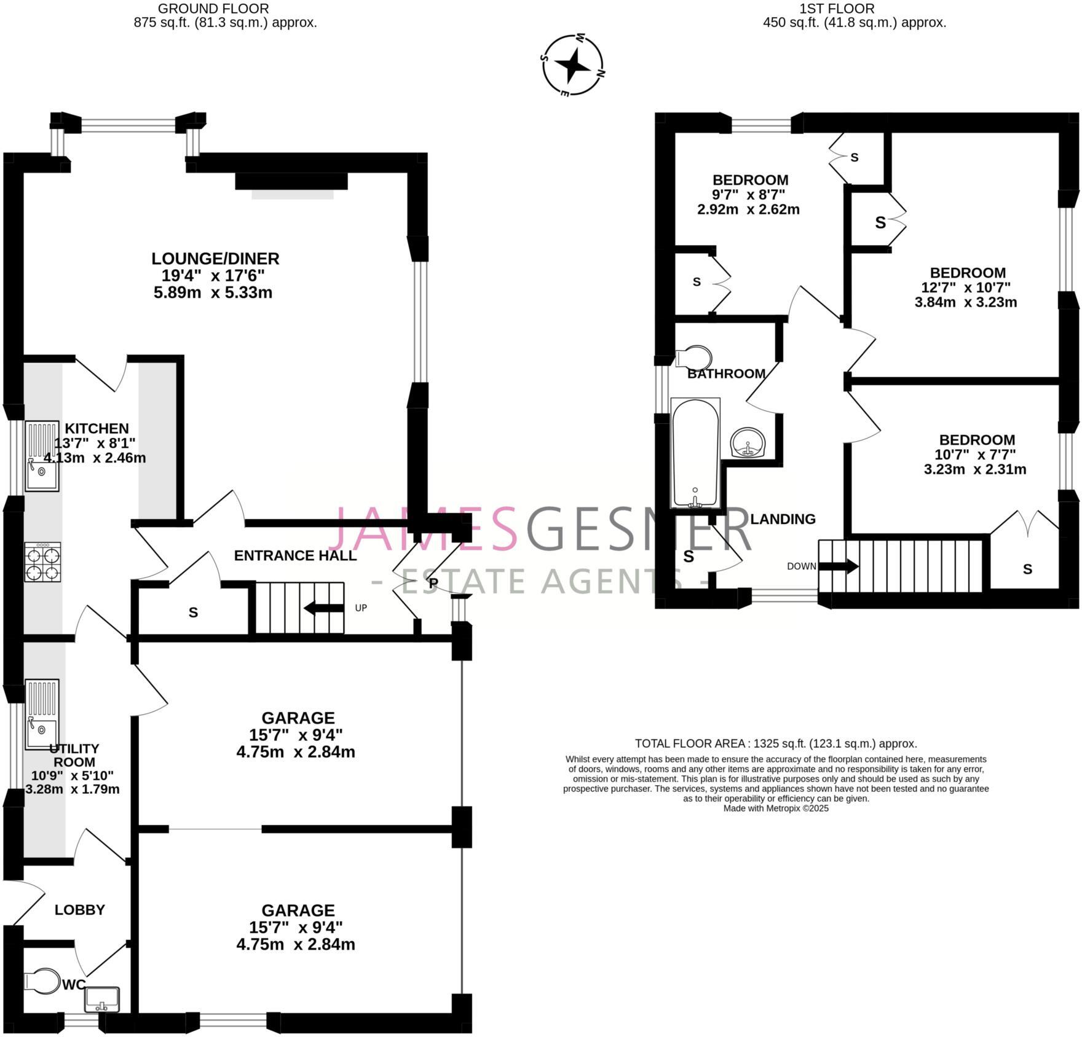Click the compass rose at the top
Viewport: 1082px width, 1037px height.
[572, 65]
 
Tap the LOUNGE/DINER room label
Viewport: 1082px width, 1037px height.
[215, 259]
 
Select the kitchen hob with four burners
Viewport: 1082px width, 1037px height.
[42, 562]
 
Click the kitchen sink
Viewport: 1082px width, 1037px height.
[42, 455]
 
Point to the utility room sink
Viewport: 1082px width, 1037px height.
[42, 714]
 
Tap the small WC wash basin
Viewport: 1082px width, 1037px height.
[102, 999]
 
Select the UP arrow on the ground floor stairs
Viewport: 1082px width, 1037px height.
[324, 608]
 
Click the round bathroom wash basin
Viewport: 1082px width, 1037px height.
[748, 442]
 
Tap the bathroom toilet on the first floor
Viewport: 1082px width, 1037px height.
[695, 358]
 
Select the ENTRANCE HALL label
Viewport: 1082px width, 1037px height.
[295, 555]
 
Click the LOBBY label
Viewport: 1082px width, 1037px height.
[80, 910]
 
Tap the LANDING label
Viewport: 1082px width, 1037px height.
[783, 519]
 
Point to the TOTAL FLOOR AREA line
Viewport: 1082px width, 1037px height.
[775, 743]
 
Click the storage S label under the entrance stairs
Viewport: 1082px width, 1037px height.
[193, 612]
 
